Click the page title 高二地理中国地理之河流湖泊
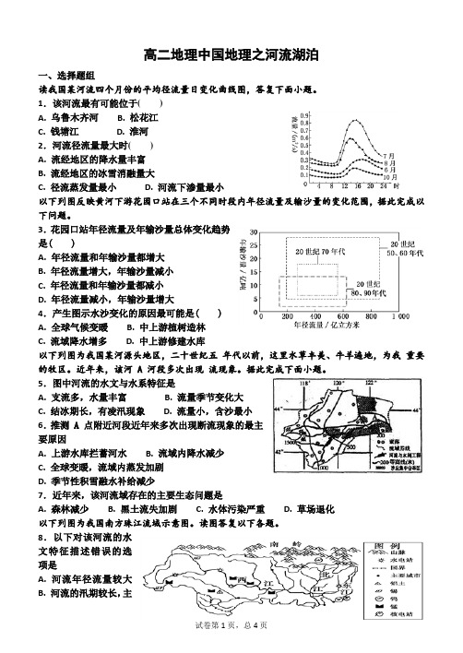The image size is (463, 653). pos(231,55)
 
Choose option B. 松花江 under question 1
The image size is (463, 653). pos(137,118)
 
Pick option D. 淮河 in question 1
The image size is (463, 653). pos(120,132)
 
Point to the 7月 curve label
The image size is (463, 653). pos(388,155)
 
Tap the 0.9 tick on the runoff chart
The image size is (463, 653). pos(305,115)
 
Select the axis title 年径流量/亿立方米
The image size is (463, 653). pos(323,326)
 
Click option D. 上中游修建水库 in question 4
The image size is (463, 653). pos(176,340)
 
